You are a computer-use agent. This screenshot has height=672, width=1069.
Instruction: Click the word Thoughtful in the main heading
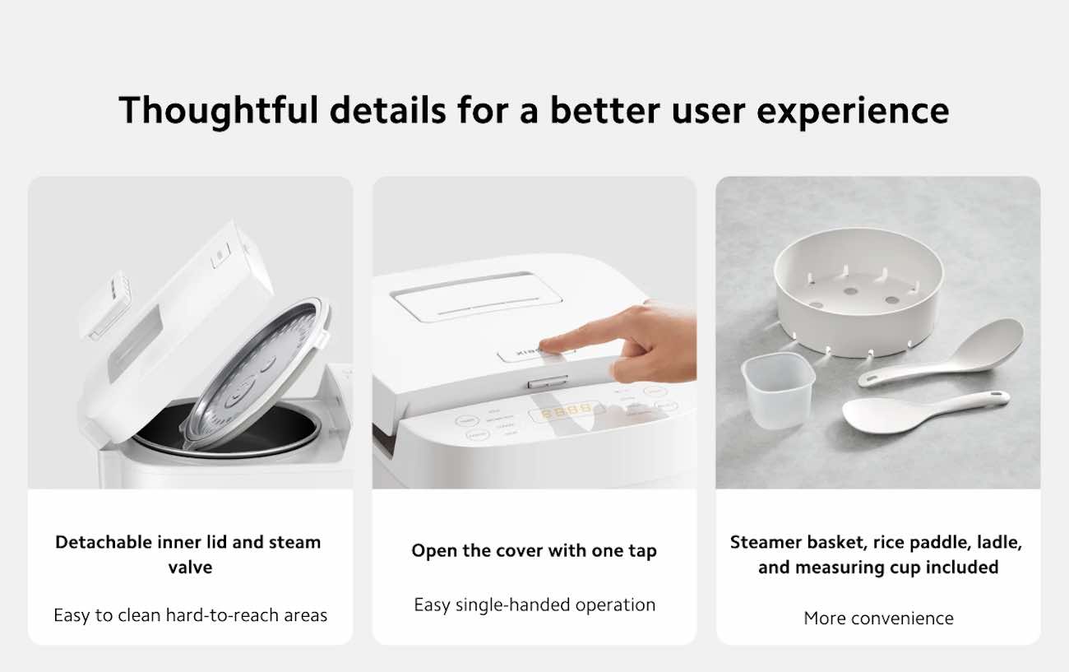pos(218,111)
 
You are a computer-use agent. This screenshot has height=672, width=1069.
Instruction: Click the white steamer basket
pos(858,293)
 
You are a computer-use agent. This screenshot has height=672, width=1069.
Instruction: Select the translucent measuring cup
pos(778,390)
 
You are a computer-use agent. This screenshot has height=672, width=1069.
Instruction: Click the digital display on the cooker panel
pos(567,411)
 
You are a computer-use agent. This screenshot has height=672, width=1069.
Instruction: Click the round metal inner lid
pos(256,373)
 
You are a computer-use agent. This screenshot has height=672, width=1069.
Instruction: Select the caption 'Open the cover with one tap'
pos(534,550)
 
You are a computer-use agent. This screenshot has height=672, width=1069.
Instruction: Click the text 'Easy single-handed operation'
pos(534,605)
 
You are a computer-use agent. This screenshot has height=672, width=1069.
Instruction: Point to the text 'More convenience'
pos(878,618)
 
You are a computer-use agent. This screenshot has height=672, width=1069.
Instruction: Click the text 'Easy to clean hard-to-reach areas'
pos(191,615)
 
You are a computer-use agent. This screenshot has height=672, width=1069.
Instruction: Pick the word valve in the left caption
pos(191,568)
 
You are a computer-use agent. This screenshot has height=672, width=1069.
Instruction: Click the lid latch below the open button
pos(548,382)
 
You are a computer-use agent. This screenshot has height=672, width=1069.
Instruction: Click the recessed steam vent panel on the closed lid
pos(476,297)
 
